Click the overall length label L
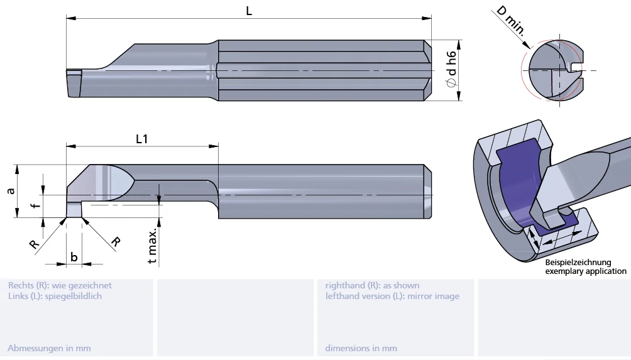pos(249,11)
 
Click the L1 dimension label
pos(141,139)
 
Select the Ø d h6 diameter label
pos(451,68)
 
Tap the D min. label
pos(511,21)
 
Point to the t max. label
pos(152,246)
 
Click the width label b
pos(74,257)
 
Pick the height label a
pos(11,190)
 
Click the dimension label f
pos(36,206)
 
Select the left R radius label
pos(34,244)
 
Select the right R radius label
pos(116,242)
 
